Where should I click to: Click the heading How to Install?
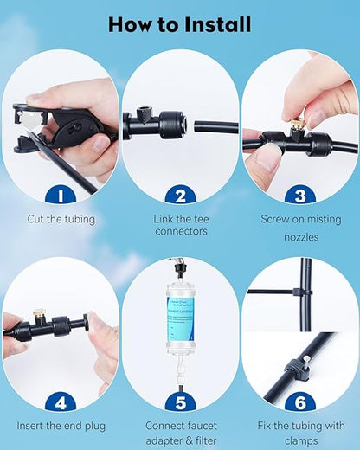[x=180, y=23]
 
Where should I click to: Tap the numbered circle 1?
[x=60, y=195]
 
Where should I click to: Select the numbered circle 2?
[x=180, y=195]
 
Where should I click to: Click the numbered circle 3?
[x=299, y=195]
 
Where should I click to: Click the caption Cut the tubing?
[x=61, y=220]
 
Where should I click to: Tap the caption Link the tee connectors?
[x=180, y=226]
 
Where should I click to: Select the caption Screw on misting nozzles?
[x=299, y=227]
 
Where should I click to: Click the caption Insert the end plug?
[x=61, y=426]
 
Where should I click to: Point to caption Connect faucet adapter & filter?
[x=180, y=432]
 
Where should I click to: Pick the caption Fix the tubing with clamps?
[x=299, y=432]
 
